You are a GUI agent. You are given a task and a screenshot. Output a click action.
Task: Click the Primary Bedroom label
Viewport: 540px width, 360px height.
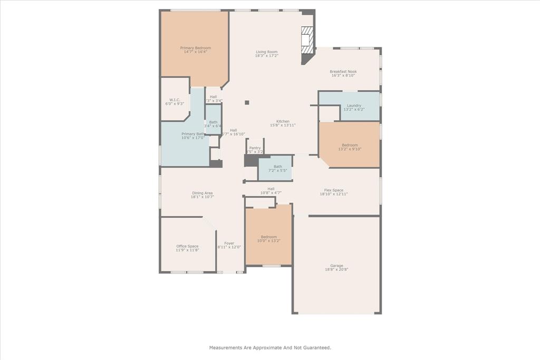click(195, 48)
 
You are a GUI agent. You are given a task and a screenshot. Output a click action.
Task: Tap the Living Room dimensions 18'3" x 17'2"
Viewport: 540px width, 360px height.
click(267, 56)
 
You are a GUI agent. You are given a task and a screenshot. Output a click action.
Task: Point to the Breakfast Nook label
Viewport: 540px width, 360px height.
click(343, 72)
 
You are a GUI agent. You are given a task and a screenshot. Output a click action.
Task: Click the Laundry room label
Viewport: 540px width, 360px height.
click(354, 105)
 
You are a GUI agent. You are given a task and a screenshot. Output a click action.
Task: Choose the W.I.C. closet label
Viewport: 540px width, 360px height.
click(175, 100)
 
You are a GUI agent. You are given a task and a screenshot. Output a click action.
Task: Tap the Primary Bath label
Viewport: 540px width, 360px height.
click(192, 134)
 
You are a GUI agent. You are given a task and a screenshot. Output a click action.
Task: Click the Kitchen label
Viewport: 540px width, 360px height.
click(283, 121)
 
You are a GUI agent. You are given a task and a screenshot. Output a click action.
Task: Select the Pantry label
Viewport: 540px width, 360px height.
click(255, 148)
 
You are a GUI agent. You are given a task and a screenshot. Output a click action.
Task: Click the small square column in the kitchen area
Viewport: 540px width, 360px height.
click(247, 102)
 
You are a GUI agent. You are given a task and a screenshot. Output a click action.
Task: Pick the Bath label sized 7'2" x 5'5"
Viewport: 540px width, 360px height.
click(277, 167)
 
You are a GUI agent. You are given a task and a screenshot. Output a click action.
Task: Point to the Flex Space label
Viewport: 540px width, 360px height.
click(333, 190)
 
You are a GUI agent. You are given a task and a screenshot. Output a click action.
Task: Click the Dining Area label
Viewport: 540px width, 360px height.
click(202, 193)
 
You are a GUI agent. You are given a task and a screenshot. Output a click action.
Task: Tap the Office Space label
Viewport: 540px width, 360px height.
click(187, 246)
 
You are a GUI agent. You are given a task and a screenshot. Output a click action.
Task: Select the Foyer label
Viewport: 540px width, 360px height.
click(229, 243)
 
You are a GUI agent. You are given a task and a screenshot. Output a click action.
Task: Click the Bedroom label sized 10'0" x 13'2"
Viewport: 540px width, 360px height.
click(268, 237)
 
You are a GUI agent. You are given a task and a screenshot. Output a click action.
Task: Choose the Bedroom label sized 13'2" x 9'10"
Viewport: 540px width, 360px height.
click(350, 145)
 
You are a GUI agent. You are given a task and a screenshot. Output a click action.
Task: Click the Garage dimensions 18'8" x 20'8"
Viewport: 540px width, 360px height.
click(336, 270)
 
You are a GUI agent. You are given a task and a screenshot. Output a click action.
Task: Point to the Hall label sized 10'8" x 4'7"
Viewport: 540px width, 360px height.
click(271, 189)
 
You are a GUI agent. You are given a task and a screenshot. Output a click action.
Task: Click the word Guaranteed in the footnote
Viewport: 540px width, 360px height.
click(314, 348)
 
